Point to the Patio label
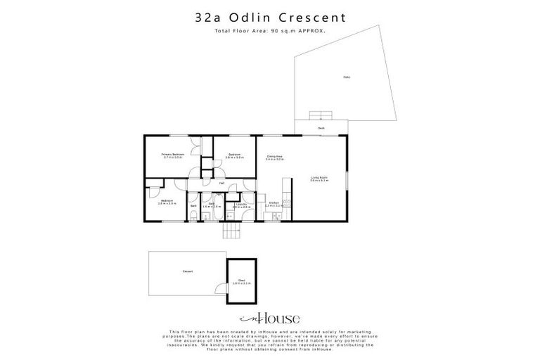345,77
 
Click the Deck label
321,129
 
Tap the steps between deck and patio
321,116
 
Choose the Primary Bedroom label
172,155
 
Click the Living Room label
319,179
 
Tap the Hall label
221,184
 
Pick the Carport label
188,271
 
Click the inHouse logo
270,318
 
